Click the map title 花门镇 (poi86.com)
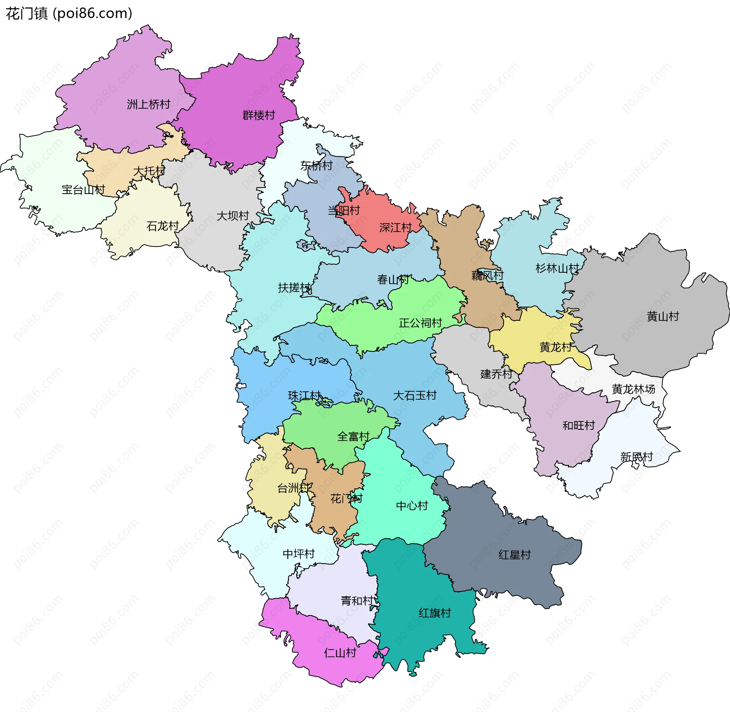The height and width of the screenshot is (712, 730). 69,14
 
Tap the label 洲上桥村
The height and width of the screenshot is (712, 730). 148,104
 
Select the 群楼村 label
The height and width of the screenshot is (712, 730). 259,115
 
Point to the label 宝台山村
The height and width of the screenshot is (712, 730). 83,189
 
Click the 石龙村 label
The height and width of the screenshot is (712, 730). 162,226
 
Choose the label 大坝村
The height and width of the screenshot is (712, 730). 232,216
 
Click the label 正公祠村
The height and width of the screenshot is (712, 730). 420,323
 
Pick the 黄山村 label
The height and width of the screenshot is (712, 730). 663,316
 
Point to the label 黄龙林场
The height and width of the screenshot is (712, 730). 633,389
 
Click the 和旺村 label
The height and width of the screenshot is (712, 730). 578,425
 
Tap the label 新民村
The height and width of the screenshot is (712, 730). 636,456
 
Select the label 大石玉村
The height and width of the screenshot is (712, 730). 414,396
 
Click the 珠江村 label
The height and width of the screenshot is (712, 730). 304,396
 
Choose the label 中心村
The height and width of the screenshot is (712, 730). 412,505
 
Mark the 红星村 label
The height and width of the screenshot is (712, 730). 514,555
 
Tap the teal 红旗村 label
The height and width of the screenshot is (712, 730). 435,613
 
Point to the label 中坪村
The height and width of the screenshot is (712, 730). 298,553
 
